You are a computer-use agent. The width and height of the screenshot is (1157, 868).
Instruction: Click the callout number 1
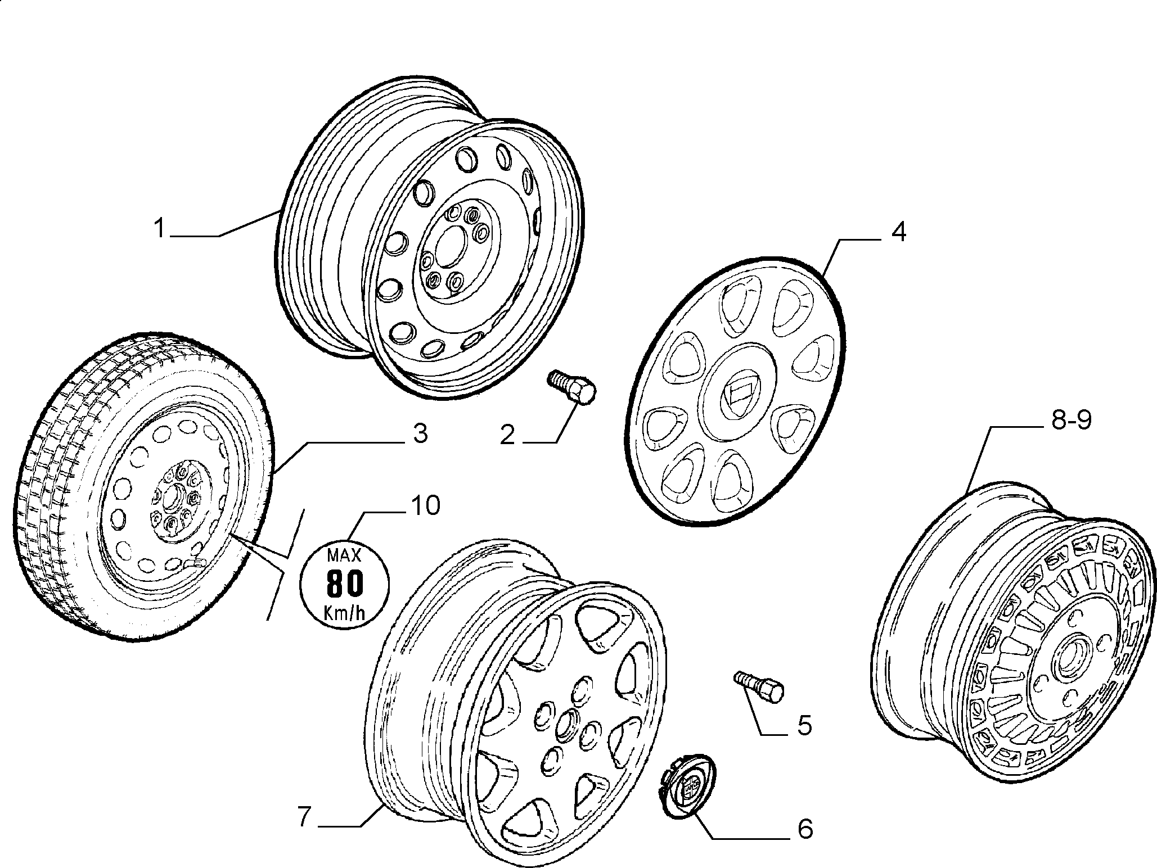tap(160, 229)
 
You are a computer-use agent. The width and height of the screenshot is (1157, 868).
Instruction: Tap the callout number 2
tap(507, 435)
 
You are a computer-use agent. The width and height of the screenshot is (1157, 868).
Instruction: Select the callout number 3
tap(420, 433)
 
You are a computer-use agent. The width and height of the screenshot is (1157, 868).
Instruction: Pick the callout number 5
tap(805, 725)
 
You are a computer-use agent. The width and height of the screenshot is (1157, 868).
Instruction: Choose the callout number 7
tap(304, 817)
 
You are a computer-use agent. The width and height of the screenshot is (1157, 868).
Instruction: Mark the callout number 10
tap(425, 505)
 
